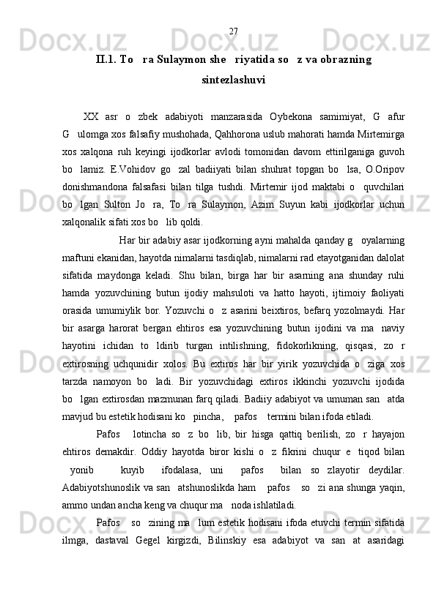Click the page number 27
(x=233, y=31)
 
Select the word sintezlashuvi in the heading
(x=233, y=78)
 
